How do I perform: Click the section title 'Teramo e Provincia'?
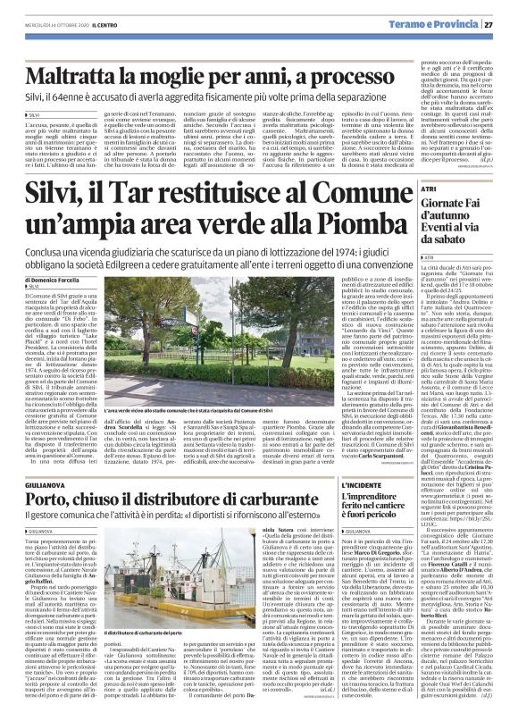[x=455, y=23]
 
